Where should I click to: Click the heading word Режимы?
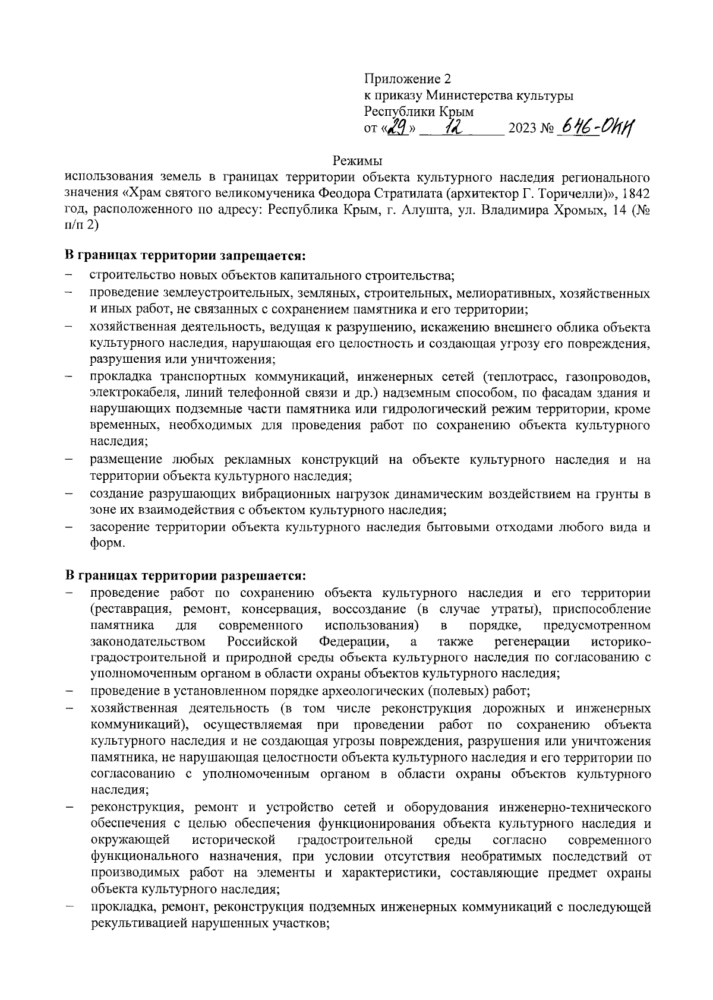356,160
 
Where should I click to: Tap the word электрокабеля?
125,393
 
